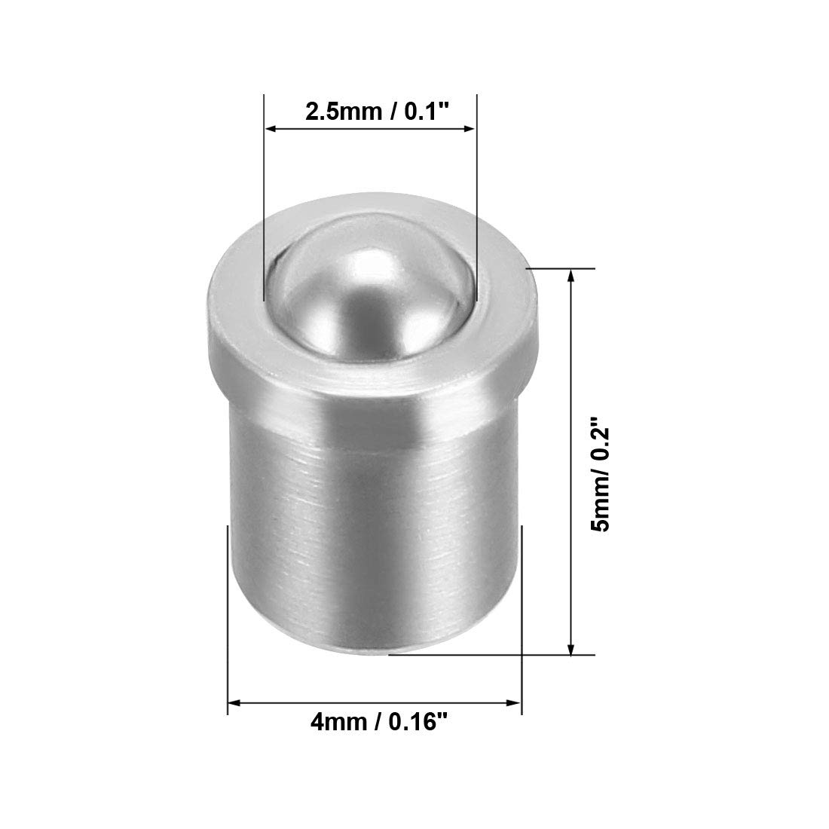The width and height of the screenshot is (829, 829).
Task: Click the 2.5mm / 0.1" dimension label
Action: (x=377, y=112)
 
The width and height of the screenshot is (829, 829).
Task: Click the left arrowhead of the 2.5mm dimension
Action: (x=271, y=128)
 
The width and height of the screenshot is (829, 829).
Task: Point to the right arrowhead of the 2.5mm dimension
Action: (x=470, y=128)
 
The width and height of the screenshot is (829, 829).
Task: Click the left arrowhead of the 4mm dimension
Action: (x=234, y=703)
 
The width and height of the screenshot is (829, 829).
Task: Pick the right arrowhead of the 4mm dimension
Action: (x=515, y=703)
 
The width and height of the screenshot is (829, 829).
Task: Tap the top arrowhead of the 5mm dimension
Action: (x=571, y=275)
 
